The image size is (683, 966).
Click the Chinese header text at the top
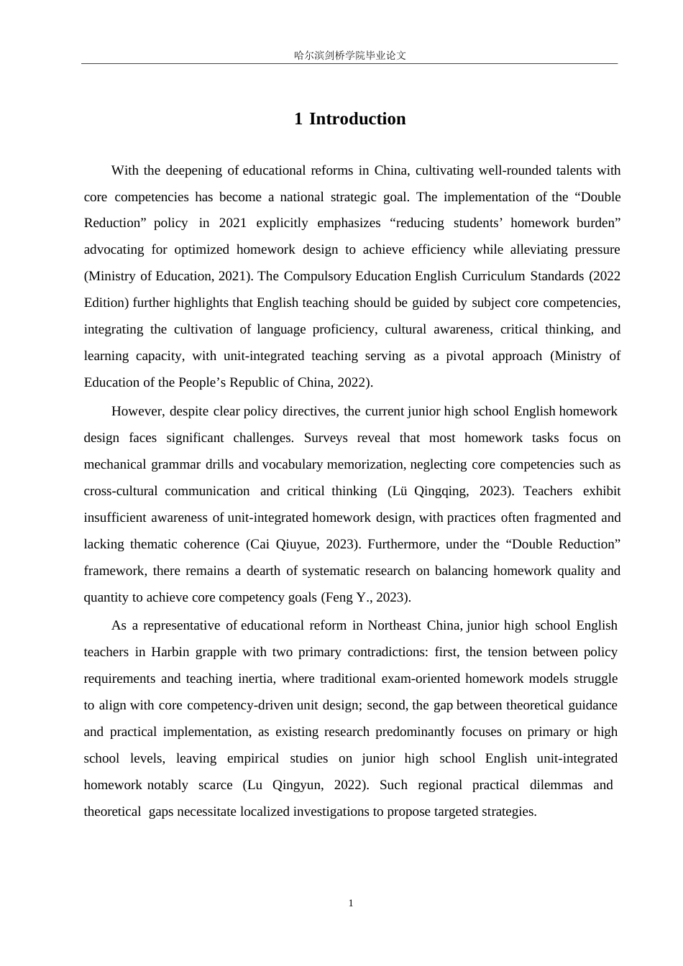(x=350, y=55)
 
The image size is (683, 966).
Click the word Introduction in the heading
(x=357, y=119)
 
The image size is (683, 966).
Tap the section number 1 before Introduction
(x=298, y=119)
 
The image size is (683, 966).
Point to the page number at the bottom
(x=351, y=903)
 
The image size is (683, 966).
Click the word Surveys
(x=326, y=438)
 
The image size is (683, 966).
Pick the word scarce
(x=216, y=785)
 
